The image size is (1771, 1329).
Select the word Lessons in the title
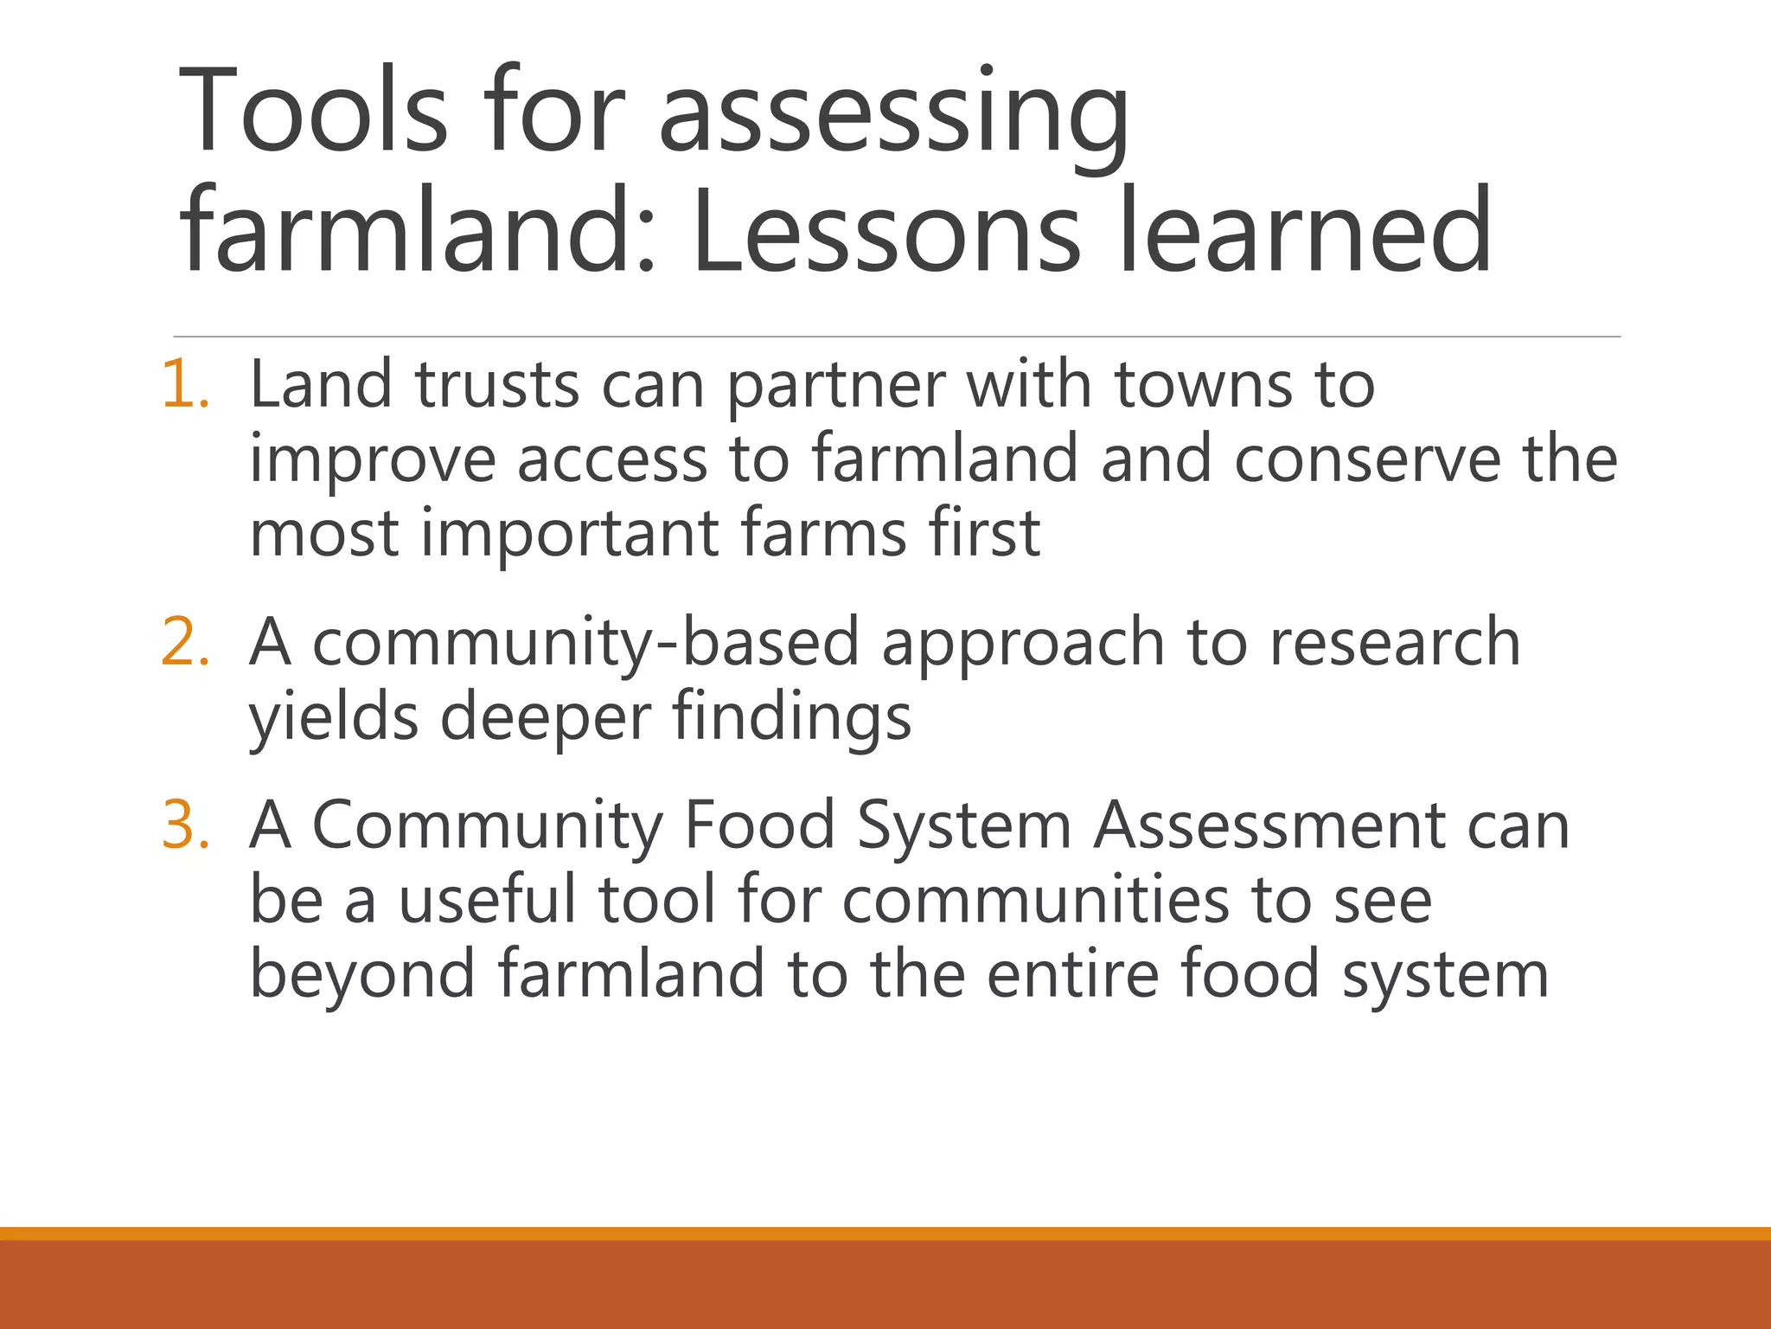point(885,232)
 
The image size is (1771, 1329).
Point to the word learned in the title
point(1305,232)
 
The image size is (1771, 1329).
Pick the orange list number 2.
point(185,642)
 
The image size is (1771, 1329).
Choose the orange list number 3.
point(185,825)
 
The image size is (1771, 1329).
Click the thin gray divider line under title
point(896,337)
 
